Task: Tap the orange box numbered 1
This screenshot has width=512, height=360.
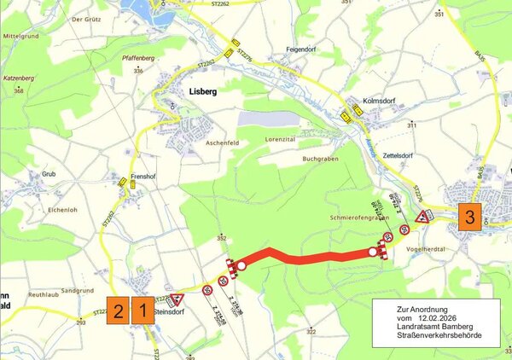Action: (x=143, y=309)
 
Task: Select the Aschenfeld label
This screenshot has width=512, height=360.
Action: (x=224, y=142)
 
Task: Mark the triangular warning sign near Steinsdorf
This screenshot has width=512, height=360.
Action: (x=177, y=299)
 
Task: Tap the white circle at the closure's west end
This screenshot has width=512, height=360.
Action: (x=241, y=265)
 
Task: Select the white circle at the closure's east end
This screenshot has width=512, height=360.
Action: (x=373, y=252)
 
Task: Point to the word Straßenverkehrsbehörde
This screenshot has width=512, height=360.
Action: (x=435, y=335)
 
